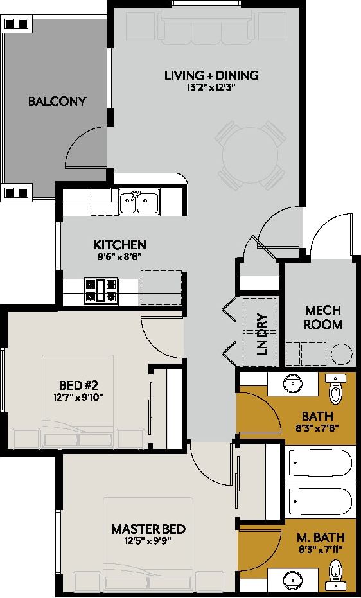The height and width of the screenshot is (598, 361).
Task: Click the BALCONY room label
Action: (57, 101)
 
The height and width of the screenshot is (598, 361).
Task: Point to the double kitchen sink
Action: (139, 203)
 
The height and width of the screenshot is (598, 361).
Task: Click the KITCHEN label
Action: (120, 245)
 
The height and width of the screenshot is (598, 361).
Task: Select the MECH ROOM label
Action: (322, 317)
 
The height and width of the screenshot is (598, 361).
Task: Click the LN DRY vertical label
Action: (261, 334)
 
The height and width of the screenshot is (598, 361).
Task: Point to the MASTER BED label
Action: (148, 529)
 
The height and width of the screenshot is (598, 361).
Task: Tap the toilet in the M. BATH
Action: (335, 572)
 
